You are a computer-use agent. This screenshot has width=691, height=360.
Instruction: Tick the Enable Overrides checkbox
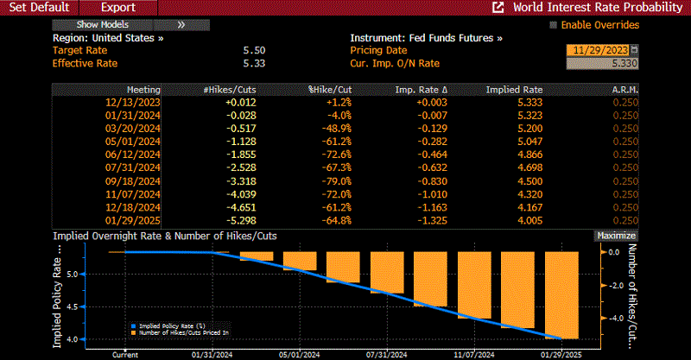(555, 25)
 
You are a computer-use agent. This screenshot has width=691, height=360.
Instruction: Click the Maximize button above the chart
(616, 236)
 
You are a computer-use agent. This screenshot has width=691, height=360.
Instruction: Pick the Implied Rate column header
(514, 90)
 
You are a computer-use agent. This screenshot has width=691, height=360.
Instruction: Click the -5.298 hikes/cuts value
(241, 220)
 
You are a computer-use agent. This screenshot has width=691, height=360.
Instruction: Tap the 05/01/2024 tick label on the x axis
(295, 354)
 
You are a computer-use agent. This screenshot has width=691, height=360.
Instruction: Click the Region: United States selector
(107, 38)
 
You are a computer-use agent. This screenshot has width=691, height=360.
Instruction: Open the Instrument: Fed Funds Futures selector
(426, 38)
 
